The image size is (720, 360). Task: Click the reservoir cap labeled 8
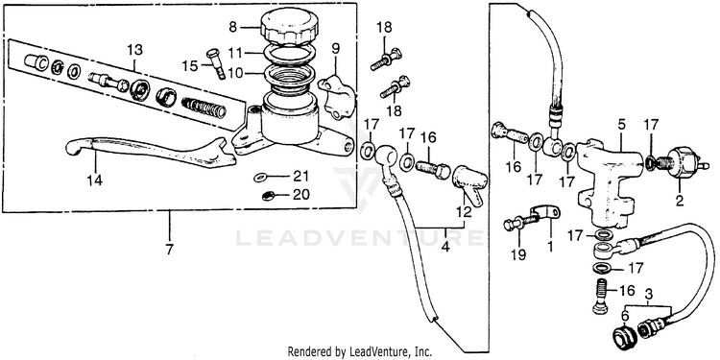pyautogui.click(x=288, y=28)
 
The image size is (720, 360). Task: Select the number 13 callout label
pyautogui.click(x=135, y=50)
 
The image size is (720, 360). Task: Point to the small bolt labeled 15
pyautogui.click(x=216, y=63)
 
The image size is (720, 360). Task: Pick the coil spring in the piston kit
pyautogui.click(x=204, y=108)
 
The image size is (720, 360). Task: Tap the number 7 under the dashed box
pyautogui.click(x=170, y=250)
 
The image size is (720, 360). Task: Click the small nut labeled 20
pyautogui.click(x=267, y=196)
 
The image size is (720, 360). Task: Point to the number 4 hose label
pyautogui.click(x=444, y=247)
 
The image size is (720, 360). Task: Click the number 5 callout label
pyautogui.click(x=622, y=125)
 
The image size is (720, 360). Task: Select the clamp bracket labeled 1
pyautogui.click(x=545, y=216)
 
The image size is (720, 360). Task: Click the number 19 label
pyautogui.click(x=518, y=254)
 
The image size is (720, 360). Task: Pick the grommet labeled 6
pyautogui.click(x=624, y=340)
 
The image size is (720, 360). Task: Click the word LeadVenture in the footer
pyautogui.click(x=372, y=351)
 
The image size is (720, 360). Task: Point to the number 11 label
pyautogui.click(x=235, y=54)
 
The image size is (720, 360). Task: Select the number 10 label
pyautogui.click(x=235, y=73)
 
